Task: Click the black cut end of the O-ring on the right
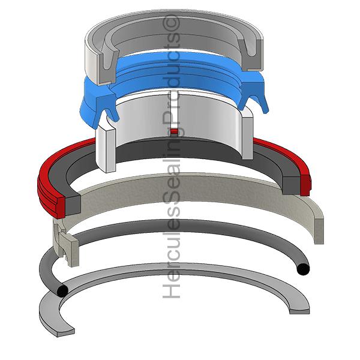[x=303, y=269]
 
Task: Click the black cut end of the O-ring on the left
[x=62, y=291]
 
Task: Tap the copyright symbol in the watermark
[x=172, y=23]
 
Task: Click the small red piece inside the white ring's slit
[x=175, y=131]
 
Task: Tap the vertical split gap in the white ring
[x=175, y=110]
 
